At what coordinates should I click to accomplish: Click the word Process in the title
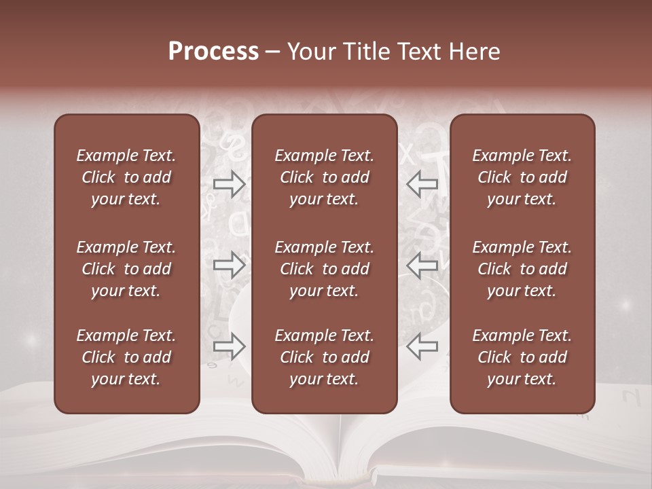(x=213, y=52)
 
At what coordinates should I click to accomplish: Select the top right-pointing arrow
(x=230, y=184)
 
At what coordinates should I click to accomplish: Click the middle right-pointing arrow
(x=230, y=265)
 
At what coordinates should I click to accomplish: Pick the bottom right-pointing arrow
(x=230, y=346)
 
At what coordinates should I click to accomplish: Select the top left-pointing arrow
(x=422, y=184)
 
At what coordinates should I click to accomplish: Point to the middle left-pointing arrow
(x=422, y=265)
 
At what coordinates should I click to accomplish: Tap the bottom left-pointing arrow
(x=422, y=346)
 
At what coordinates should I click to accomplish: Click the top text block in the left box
(x=126, y=177)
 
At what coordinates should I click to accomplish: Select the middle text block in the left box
(x=126, y=269)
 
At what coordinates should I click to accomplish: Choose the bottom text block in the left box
(x=126, y=357)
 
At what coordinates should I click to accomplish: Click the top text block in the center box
(x=324, y=177)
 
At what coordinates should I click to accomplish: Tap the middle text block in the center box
(x=324, y=269)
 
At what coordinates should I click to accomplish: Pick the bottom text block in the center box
(x=324, y=357)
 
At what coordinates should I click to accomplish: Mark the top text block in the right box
(x=522, y=177)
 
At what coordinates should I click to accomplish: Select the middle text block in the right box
(x=522, y=269)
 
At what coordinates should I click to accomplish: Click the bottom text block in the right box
(x=522, y=357)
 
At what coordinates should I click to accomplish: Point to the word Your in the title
(x=310, y=52)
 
